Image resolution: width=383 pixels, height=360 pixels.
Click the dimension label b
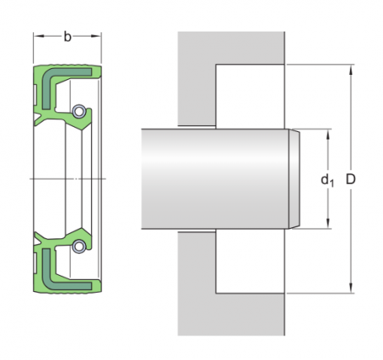67,36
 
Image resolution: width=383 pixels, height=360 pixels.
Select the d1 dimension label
326,180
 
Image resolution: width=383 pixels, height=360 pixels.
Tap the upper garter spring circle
78,111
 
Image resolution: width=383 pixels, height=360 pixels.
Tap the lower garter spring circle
78,247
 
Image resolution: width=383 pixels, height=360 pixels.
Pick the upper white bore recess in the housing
250,96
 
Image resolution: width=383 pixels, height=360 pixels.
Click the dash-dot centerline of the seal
68,179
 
